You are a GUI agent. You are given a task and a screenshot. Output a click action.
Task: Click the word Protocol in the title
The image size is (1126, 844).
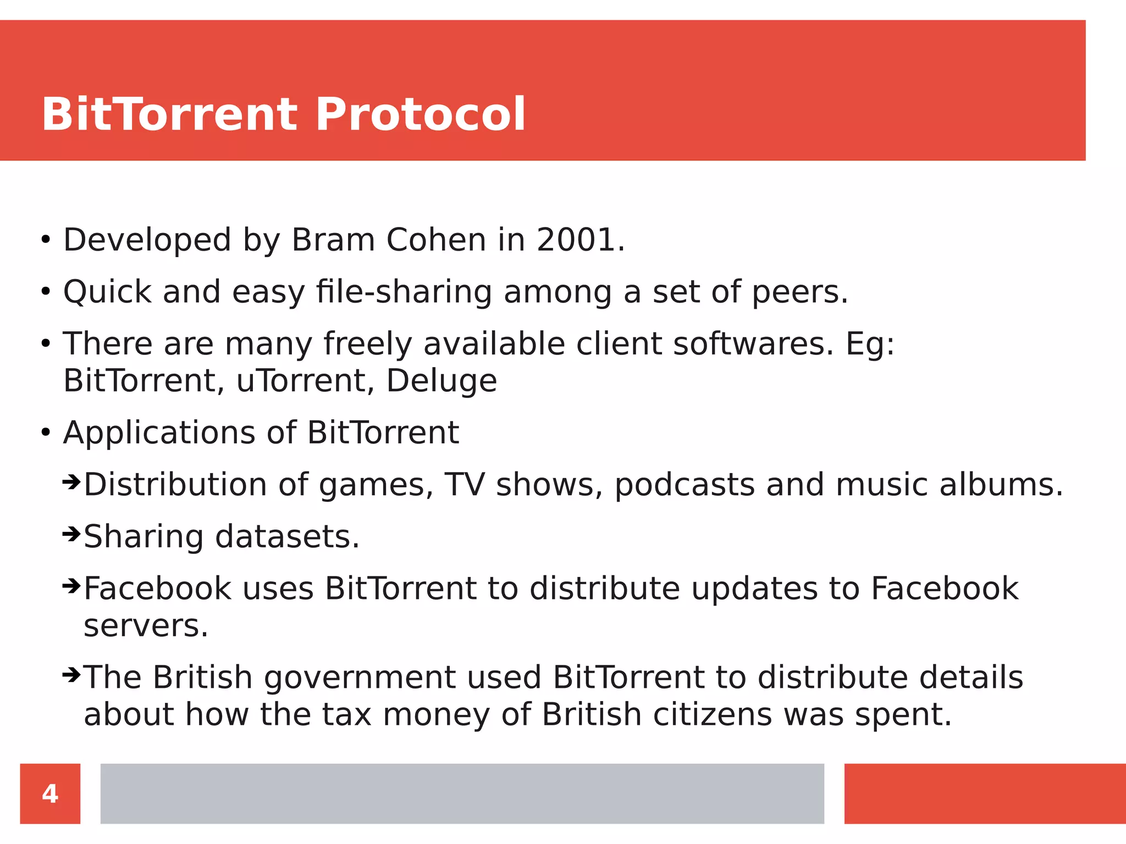421,114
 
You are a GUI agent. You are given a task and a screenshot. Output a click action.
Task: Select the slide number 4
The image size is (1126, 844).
50,793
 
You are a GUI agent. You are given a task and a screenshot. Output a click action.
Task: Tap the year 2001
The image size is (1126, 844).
580,240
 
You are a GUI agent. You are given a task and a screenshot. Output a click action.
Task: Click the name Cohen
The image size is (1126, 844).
436,240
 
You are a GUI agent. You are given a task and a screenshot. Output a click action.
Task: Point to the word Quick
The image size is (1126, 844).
107,292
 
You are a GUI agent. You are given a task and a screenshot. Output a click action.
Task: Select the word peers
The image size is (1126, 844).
799,292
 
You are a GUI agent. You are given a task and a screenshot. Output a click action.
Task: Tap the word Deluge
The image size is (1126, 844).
441,381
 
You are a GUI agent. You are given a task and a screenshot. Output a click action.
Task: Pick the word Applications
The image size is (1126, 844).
159,433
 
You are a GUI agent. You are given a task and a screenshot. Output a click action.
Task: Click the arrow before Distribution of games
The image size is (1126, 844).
71,482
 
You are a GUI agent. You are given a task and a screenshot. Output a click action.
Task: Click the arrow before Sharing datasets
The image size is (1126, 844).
71,534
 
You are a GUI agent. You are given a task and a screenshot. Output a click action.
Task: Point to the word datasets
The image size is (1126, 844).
286,537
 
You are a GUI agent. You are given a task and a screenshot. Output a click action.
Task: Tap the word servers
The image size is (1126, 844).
146,626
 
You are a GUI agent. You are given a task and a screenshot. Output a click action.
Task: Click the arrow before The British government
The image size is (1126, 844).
71,674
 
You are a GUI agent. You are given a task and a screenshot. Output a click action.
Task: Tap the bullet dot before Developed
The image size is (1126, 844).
46,240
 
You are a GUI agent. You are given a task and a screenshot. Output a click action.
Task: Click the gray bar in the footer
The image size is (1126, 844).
462,793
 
